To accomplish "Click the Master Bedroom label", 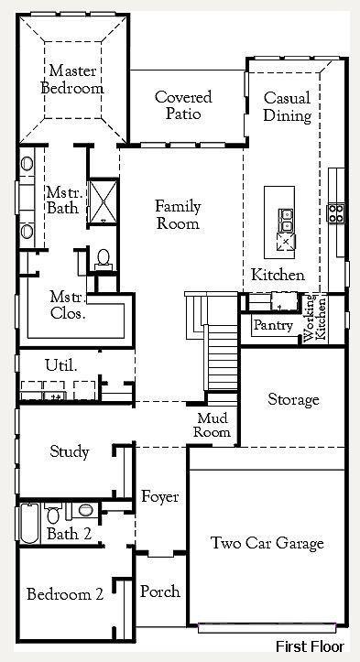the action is point(72,80).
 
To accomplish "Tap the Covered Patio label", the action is point(183,105).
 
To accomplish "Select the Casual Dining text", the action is point(288,107).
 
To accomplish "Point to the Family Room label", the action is point(178,214).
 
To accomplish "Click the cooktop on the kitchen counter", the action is point(336,213).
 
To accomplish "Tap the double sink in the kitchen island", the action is point(286,220).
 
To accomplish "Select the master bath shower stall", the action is point(103,201).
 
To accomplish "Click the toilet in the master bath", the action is point(104,259).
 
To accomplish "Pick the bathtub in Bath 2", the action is point(29,523).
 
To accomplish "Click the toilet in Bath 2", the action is point(53,513).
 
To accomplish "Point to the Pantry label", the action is point(273,326).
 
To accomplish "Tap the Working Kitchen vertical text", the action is point(315,320).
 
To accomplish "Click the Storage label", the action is point(294,399).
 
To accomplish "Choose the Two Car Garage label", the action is point(267,543).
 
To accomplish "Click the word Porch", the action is point(160,591).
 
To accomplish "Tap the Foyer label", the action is point(159,497).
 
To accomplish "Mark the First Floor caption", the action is point(311,646).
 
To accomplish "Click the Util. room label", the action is point(61,365).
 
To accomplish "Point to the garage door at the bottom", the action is point(267,628).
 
